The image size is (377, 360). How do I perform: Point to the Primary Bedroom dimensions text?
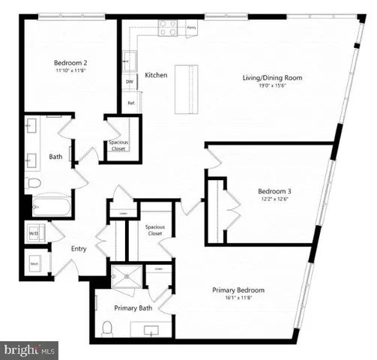(x=238, y=298)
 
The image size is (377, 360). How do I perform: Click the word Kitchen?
(x=156, y=75)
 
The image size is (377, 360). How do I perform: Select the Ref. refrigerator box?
(x=130, y=103)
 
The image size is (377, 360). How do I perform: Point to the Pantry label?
(x=191, y=25)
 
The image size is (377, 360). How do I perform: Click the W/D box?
(x=34, y=233)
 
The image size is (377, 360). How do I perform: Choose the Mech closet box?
(x=34, y=263)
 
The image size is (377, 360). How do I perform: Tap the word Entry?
(x=79, y=249)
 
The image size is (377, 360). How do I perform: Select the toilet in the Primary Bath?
(x=108, y=327)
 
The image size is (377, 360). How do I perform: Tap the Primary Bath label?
(x=133, y=308)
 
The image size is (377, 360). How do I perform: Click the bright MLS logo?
(x=29, y=349)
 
